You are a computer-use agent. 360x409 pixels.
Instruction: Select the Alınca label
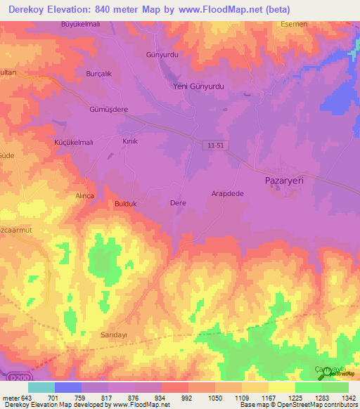pos(84,197)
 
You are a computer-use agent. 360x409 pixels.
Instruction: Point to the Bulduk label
pos(125,204)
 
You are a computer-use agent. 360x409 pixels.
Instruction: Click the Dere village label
pos(178,203)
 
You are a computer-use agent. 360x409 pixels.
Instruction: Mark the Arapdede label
pos(227,193)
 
